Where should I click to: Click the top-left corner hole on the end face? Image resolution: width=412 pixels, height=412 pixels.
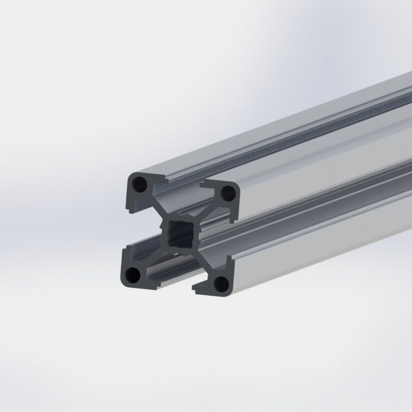click(140, 185)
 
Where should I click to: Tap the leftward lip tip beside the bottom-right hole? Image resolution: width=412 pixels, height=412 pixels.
click(195, 288)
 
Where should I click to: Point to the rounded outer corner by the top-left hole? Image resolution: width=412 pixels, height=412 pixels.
click(129, 176)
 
